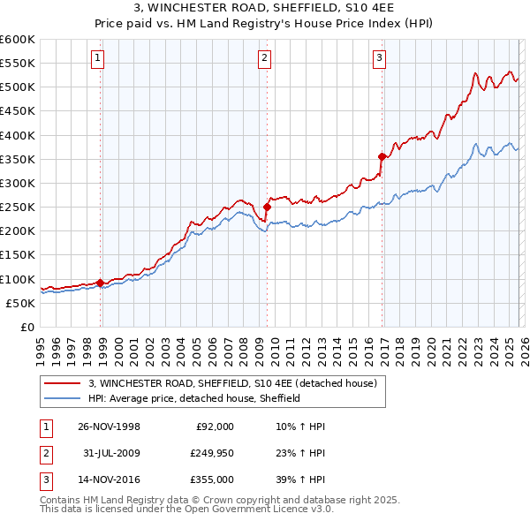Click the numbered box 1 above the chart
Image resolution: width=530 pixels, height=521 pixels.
96,59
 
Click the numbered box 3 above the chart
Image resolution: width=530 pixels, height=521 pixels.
379,59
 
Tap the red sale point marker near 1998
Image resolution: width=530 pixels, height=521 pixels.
101,283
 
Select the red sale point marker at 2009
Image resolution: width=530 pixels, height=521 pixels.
267,208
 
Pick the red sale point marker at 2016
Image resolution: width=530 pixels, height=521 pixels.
382,157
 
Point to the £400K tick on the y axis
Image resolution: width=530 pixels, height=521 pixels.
18,135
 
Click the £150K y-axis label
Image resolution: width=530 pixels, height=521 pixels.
18,255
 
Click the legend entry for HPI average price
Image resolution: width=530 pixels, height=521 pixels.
194,398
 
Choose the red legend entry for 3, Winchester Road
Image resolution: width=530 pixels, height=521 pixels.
232,383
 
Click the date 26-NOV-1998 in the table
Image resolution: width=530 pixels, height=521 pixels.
109,426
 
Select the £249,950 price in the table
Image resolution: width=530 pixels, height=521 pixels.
211,453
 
